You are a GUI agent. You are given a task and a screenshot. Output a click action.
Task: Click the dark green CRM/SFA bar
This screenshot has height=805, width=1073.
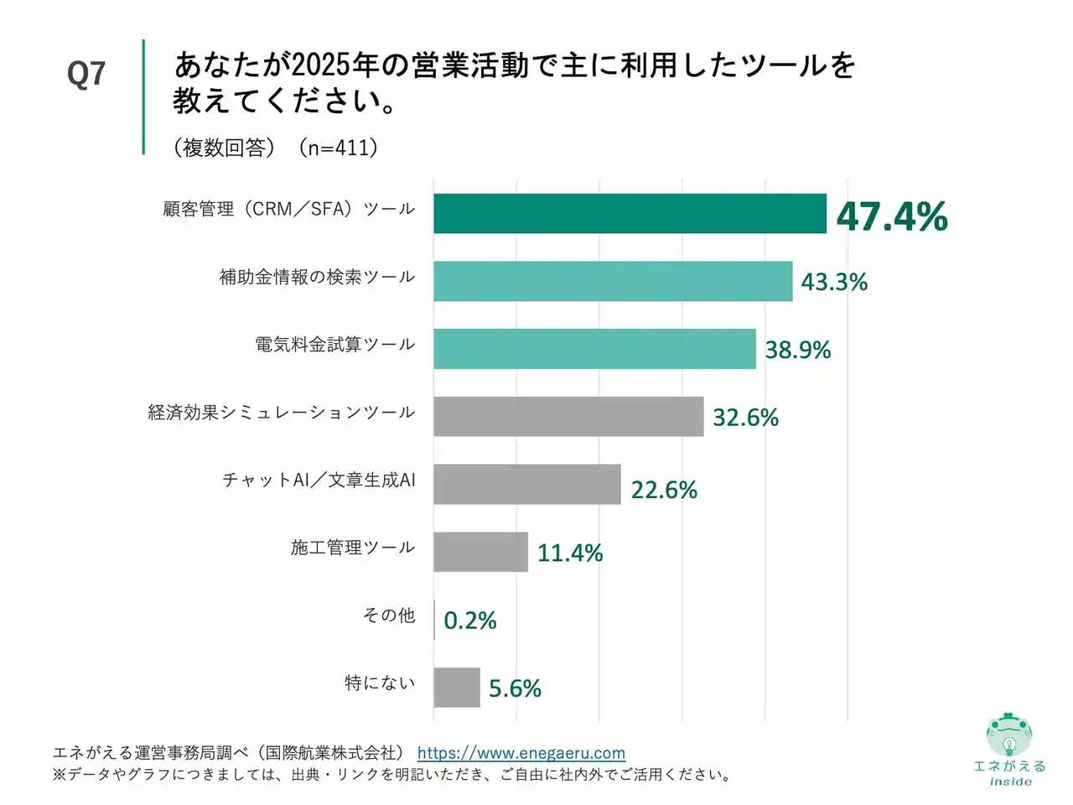coord(630,213)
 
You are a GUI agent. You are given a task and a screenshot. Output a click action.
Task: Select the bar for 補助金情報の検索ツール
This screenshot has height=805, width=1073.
coord(613,281)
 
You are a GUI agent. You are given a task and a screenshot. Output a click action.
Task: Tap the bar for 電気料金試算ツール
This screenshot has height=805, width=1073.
coord(594,349)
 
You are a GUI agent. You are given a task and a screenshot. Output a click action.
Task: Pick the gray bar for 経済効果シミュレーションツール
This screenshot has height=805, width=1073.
coord(568,416)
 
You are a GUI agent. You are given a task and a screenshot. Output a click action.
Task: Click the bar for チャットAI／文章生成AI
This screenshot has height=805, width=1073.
coord(527,484)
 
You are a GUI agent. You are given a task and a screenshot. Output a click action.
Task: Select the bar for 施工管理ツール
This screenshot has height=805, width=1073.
coord(480,552)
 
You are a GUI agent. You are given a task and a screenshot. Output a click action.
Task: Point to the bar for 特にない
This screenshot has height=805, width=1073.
coord(457,688)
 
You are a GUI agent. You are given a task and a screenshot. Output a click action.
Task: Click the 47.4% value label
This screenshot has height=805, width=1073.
coord(892,216)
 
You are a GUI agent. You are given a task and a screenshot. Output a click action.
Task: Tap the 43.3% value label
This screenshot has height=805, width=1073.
coord(834,282)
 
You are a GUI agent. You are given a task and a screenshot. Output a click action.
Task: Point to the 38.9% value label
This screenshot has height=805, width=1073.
coord(798,350)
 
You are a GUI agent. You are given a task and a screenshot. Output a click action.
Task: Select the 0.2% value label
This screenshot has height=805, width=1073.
coord(470,621)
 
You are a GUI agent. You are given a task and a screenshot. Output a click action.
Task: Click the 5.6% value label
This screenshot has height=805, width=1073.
coord(515,688)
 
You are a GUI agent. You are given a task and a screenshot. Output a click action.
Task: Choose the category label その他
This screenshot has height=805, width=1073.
coord(389,615)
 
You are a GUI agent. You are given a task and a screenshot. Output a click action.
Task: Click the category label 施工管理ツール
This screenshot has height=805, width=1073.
coord(353,548)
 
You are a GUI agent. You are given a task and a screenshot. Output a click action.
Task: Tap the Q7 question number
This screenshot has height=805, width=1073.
coord(86,74)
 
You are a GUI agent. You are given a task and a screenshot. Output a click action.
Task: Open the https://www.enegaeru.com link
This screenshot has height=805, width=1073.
coord(521,753)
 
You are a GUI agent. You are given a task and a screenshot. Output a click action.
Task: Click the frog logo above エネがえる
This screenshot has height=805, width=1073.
coord(1009,735)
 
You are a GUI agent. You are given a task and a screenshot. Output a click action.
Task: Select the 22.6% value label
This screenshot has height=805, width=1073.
coord(664,490)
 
